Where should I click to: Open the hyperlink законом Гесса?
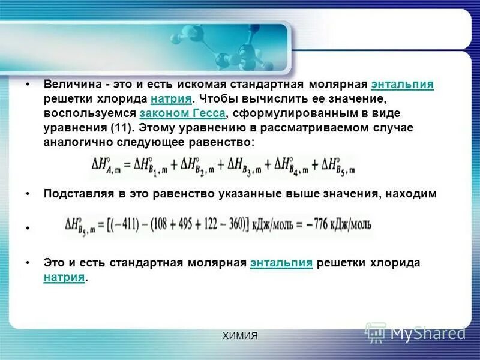(x=182, y=113)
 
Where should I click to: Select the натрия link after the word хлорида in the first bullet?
(x=172, y=99)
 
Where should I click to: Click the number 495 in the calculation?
(x=188, y=224)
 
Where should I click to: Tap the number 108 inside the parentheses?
(x=163, y=224)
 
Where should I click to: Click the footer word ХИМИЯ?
(x=239, y=336)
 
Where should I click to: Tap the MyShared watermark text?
(x=428, y=332)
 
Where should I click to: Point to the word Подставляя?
(x=74, y=194)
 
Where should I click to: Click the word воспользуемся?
(x=90, y=113)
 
